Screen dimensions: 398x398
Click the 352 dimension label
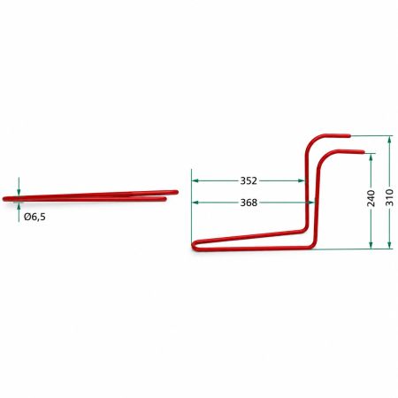coord(249,180)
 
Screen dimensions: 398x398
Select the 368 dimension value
coord(249,203)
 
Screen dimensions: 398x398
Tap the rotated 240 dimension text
coord(371,198)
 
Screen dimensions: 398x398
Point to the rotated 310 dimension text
coord(389,197)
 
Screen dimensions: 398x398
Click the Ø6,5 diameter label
coord(34,217)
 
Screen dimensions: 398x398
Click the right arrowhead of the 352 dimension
coord(302,180)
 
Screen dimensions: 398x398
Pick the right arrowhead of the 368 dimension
coord(311,203)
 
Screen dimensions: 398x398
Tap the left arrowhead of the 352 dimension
coord(195,180)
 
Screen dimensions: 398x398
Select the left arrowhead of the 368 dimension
coord(195,203)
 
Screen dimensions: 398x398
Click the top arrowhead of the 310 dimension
coord(389,140)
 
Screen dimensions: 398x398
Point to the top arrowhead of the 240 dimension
coord(371,157)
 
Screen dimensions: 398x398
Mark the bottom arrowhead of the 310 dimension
coord(389,245)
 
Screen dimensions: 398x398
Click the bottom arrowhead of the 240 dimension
coord(371,245)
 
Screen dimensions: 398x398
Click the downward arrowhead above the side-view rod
coord(19,192)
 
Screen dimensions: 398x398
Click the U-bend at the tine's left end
coord(193,246)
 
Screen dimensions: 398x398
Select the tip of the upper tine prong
coord(349,136)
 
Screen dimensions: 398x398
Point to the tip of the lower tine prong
coord(364,151)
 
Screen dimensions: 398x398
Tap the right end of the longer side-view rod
coord(177,192)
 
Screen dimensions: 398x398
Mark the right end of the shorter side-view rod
coord(165,199)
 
